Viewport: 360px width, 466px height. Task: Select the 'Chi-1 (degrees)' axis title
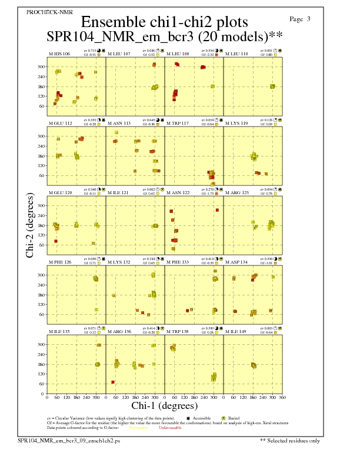[164, 405]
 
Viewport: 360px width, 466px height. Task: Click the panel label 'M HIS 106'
[59, 54]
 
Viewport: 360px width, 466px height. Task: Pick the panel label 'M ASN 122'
[178, 193]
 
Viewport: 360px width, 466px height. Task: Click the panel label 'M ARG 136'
[119, 332]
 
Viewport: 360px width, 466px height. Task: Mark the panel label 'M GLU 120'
[60, 193]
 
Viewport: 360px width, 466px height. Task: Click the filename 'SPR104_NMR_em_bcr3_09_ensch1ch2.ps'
[69, 440]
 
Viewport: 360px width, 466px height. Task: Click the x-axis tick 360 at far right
[282, 398]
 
